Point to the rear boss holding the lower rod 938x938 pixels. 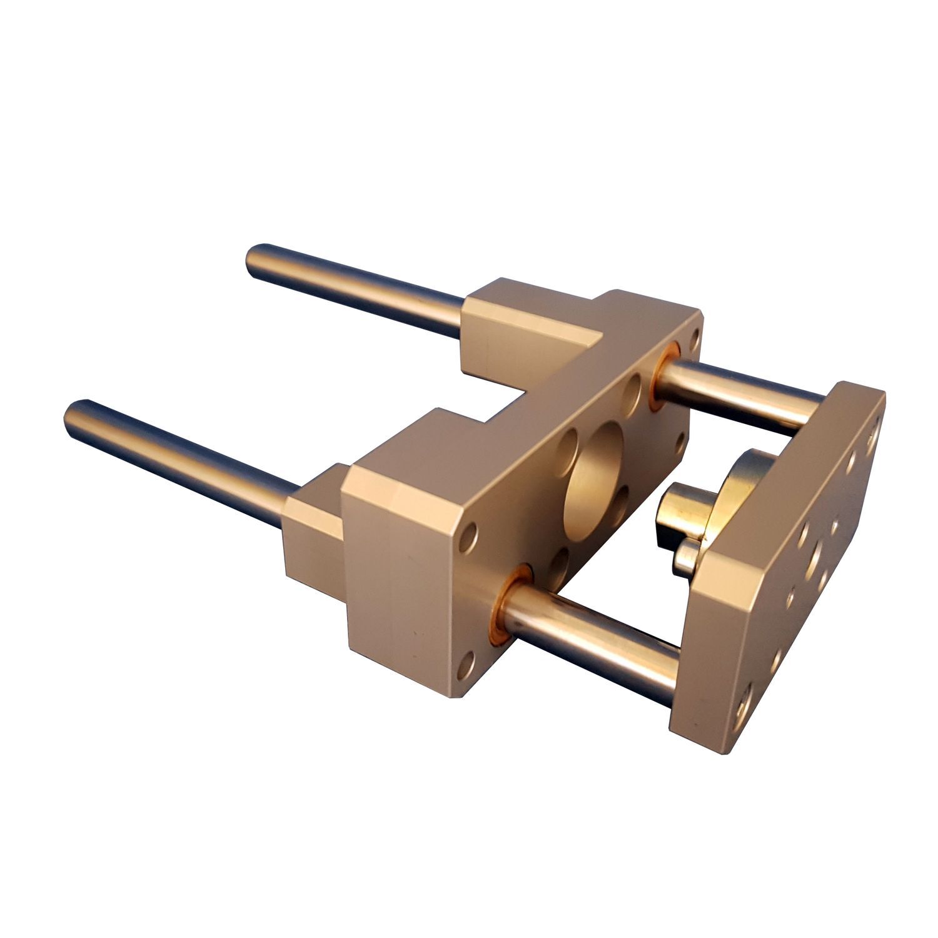click(x=313, y=532)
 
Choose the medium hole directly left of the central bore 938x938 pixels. click(x=566, y=446)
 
